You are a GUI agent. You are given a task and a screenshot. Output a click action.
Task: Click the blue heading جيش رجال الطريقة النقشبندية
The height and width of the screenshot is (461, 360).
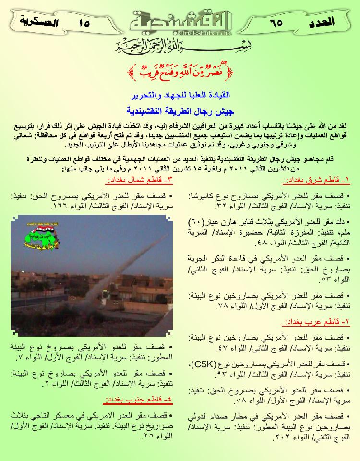tap(180, 110)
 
